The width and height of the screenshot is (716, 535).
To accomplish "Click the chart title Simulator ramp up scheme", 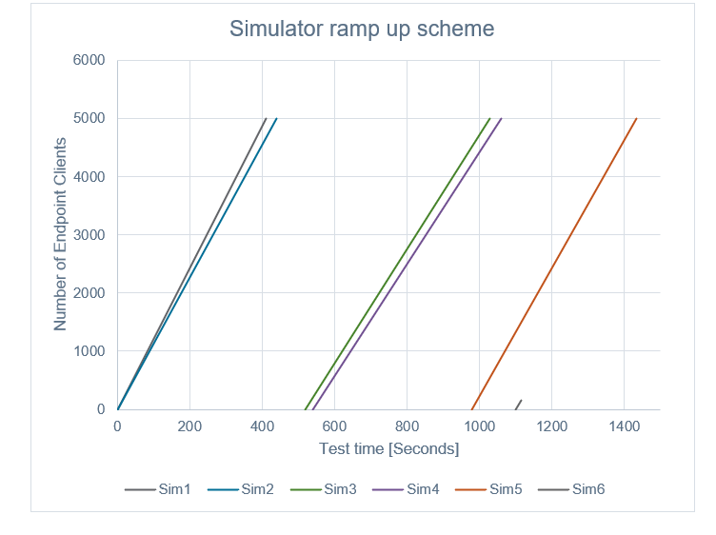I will [x=362, y=29].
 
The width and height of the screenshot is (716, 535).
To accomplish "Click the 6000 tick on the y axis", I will [x=89, y=60].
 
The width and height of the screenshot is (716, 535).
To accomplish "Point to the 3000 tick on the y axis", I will [x=89, y=235].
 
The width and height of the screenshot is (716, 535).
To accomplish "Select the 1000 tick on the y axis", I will [x=89, y=351].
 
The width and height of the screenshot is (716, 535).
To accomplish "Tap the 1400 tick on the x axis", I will [x=624, y=426].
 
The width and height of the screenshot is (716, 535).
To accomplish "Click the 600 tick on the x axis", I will [x=334, y=426].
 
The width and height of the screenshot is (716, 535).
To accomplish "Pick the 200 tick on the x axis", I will [x=189, y=426].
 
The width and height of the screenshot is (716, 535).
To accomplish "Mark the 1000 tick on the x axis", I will [x=479, y=426].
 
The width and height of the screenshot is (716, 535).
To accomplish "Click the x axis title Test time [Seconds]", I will [x=388, y=448].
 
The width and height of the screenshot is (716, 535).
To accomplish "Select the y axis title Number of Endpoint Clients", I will [x=61, y=234].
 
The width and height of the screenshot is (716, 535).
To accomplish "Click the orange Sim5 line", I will [x=554, y=264].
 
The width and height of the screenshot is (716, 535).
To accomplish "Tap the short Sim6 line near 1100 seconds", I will [x=519, y=405].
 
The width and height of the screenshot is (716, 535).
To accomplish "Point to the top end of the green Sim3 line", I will [x=489, y=119].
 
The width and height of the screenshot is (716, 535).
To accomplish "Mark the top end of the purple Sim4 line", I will [x=501, y=119].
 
